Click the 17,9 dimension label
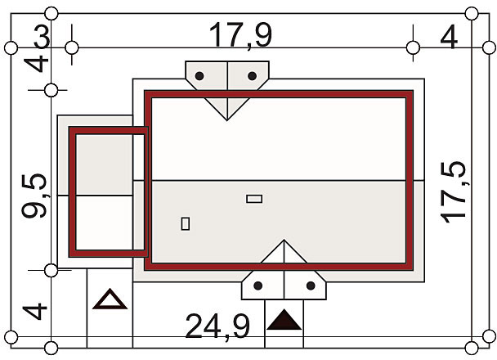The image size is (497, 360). (240, 35)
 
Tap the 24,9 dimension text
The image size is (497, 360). (217, 326)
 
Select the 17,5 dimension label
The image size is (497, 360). (453, 192)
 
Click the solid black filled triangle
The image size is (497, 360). (284, 320)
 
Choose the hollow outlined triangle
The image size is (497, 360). (110, 299)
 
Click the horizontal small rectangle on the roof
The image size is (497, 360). (254, 199)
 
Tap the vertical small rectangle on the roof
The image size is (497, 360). (186, 223)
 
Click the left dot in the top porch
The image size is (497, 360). (199, 76)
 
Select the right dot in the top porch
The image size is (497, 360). (252, 76)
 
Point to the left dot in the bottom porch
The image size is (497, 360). (258, 286)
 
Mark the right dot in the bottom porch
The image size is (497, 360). (311, 286)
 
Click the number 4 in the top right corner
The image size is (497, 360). (449, 37)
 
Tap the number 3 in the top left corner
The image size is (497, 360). (42, 37)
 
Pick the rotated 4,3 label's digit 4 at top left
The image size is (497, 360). (37, 65)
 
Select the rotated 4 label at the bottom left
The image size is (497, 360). (35, 312)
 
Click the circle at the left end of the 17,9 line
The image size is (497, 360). (72, 48)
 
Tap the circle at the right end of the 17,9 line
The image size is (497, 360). (413, 48)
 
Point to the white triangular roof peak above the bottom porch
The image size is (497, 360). (284, 252)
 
